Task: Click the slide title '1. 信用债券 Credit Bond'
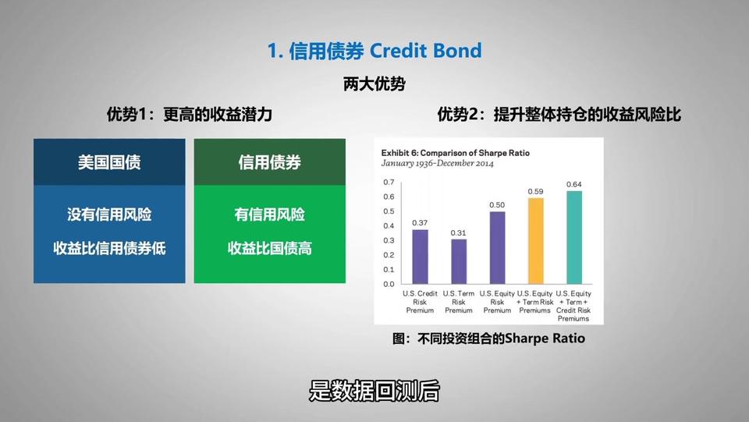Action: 374,51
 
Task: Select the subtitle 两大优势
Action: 374,84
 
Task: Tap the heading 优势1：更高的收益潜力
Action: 190,114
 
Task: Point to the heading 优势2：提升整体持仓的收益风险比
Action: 559,114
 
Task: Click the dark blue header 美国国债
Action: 109,162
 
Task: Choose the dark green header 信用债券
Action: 269,162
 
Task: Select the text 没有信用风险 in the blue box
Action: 109,215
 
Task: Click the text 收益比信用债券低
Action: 109,248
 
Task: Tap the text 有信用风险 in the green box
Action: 269,215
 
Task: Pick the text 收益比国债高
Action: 269,248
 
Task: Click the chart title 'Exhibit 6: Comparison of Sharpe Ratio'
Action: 455,153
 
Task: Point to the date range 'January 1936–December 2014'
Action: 437,163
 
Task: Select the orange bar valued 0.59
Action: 535,241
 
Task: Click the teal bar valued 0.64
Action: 574,238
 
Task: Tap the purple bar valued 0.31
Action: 459,261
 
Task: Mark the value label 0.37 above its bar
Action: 420,223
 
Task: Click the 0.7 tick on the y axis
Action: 389,182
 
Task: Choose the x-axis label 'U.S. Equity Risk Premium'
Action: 497,302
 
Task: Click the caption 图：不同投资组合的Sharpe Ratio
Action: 488,339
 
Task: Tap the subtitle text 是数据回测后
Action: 374,391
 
